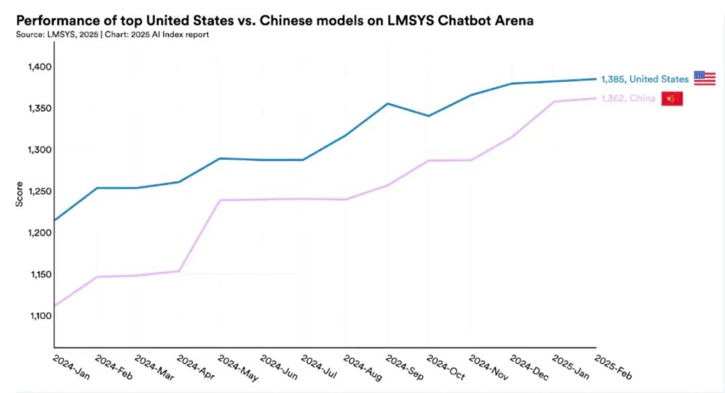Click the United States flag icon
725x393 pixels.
coord(704,79)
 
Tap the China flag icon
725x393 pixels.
coord(672,99)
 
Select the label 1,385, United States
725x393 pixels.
coord(644,79)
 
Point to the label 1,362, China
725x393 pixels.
coord(628,99)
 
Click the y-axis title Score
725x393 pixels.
coord(19,194)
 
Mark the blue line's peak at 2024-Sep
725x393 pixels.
coord(387,103)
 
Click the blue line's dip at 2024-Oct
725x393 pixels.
coord(429,116)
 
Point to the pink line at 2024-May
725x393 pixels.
coord(220,200)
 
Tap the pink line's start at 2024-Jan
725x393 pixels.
coord(54,306)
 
